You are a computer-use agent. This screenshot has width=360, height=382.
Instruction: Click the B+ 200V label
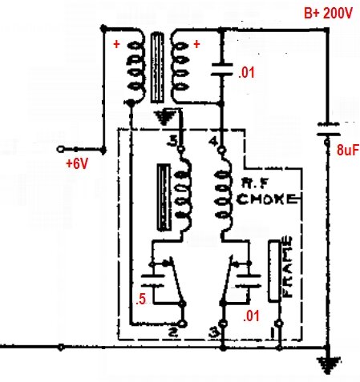point(328,14)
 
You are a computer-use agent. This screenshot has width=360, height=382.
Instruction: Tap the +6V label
point(77,164)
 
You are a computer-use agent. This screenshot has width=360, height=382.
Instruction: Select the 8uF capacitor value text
point(348,150)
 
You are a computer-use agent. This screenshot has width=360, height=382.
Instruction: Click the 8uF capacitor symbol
point(328,130)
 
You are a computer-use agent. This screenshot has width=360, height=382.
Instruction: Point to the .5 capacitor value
point(141,299)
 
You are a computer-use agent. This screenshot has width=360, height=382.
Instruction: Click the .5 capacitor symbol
point(153,280)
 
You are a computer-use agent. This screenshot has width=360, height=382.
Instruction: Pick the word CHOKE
point(267,199)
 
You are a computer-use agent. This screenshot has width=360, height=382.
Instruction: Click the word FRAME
point(287,267)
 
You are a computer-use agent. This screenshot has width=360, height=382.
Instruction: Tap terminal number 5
point(172,141)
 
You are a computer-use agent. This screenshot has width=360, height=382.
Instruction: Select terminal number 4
point(213,141)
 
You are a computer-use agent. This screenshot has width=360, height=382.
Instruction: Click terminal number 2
point(173,332)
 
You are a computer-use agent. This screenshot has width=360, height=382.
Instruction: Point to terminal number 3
point(215,333)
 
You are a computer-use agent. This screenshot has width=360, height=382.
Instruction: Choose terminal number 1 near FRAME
point(273,333)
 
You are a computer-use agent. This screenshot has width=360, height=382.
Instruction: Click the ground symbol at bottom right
point(329,365)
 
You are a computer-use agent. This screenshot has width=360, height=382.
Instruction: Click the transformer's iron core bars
point(157,67)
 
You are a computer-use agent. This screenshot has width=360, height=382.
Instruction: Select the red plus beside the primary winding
point(116,44)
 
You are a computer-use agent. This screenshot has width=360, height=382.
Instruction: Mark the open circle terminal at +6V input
point(60,149)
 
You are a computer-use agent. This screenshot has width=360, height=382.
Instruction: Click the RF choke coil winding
point(224,194)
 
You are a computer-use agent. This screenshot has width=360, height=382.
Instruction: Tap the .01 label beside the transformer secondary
point(246,73)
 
